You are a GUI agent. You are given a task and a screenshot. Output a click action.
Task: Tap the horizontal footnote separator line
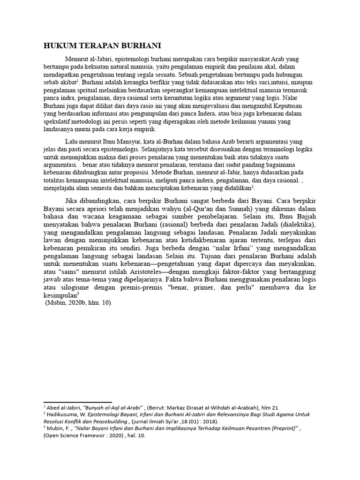pyautogui.click(x=77, y=402)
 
